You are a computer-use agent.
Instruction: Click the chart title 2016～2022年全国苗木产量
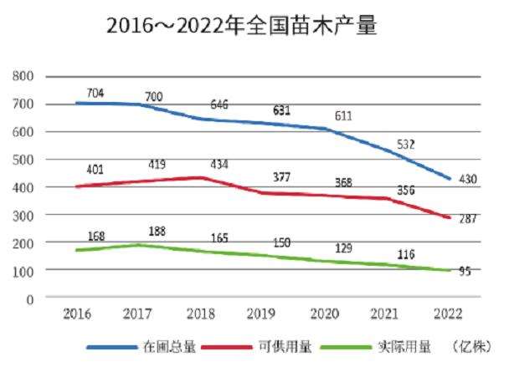(x=242, y=26)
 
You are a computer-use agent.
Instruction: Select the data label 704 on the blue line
(x=95, y=94)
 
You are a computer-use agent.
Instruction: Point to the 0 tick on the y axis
(x=29, y=298)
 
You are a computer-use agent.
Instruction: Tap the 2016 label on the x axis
(x=77, y=314)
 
